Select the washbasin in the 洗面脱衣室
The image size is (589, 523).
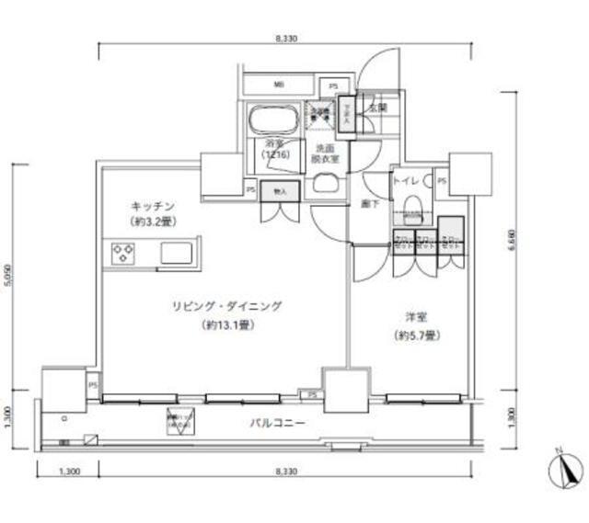coord(326,183)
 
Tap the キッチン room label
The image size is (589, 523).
coord(152,206)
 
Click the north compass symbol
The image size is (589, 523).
coord(565,471)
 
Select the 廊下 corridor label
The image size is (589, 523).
coord(369,205)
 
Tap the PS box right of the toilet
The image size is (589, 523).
coord(443,181)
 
